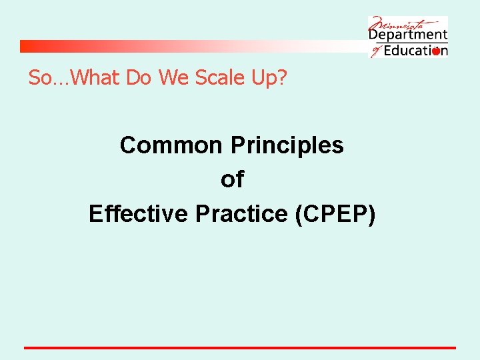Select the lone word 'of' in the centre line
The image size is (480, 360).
point(232,179)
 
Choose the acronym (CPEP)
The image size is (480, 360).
point(334,214)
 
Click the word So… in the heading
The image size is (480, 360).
point(48,78)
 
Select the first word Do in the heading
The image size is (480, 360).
point(141,78)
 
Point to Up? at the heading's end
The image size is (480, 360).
point(269,78)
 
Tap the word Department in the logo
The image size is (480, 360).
point(408,35)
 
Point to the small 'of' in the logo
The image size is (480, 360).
point(375,51)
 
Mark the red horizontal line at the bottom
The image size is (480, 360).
point(240,347)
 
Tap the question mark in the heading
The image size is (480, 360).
point(282,78)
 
